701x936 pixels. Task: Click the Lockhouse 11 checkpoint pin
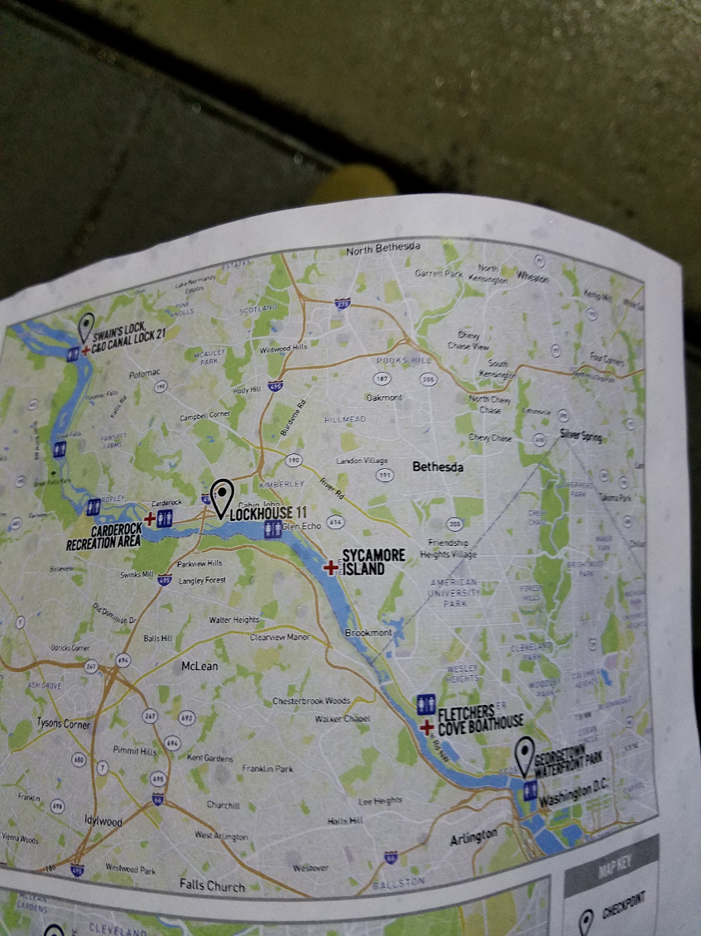point(221,497)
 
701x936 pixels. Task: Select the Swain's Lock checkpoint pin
point(86,326)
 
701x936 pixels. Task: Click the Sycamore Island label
point(373,562)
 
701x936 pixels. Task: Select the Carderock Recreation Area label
point(103,537)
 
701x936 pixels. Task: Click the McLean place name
point(199,665)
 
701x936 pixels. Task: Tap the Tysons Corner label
point(64,723)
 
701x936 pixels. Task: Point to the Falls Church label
point(212,885)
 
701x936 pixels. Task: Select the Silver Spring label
point(581,436)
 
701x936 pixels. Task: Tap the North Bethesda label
point(383,248)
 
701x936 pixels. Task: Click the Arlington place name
point(474,838)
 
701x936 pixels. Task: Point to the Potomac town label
point(145,374)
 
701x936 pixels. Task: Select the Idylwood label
point(103,821)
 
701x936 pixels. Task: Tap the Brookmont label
point(368,633)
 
